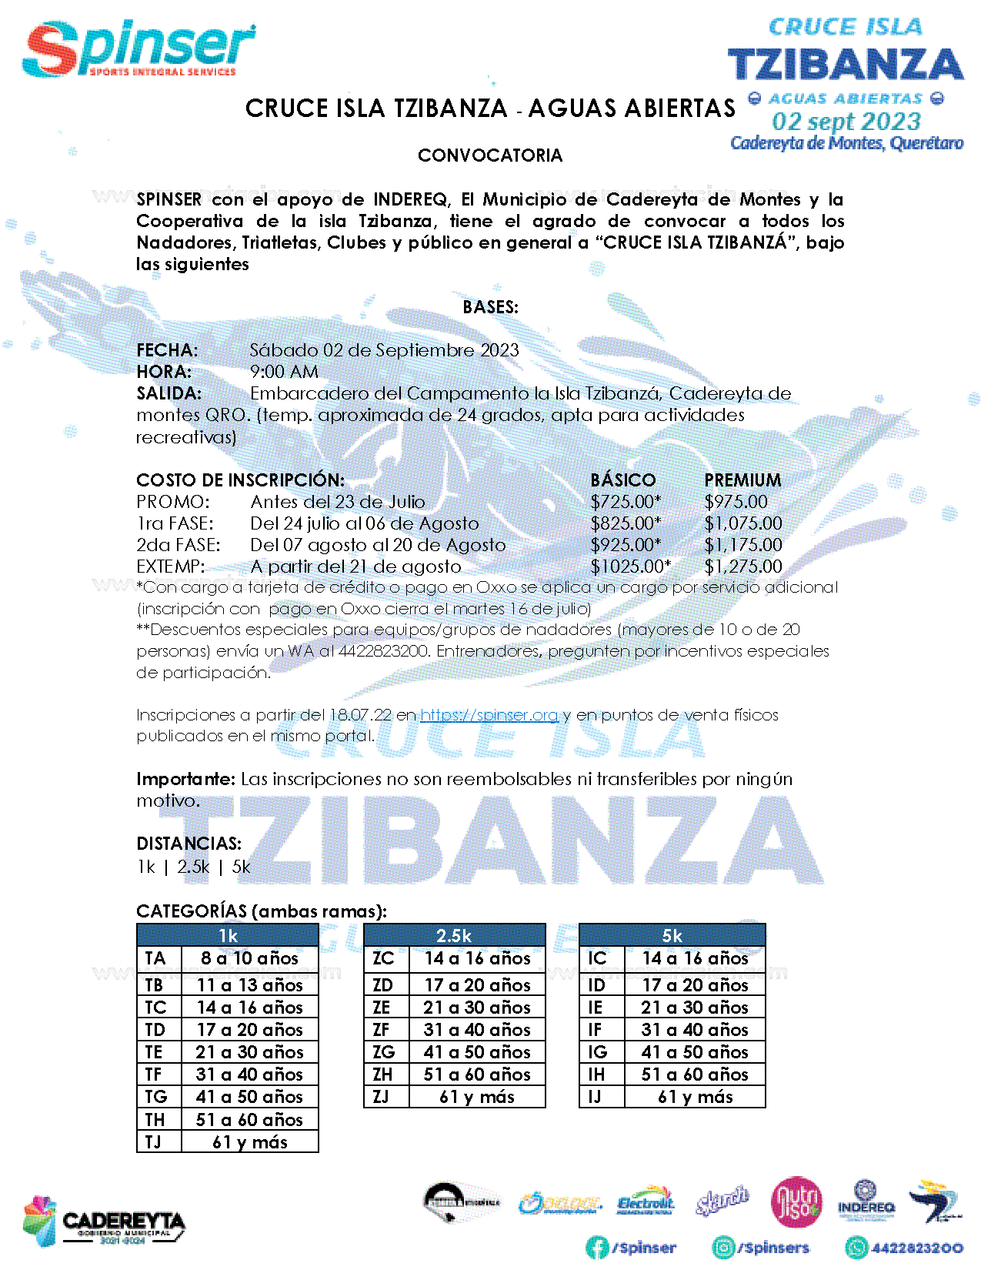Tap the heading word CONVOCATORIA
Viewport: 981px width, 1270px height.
pos(490,155)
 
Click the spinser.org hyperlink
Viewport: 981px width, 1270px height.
pos(489,715)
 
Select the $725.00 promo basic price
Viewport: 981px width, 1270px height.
pos(625,502)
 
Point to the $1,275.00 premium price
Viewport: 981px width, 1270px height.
pos(742,566)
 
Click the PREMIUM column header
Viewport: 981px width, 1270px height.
pos(742,480)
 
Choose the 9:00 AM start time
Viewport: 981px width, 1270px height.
pos(284,372)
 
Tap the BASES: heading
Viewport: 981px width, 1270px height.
pos(490,307)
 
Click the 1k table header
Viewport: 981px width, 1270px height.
pos(228,935)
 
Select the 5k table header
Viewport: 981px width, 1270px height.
pos(672,935)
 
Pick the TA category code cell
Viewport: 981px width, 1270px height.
pos(156,958)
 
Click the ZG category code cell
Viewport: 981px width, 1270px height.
pos(384,1052)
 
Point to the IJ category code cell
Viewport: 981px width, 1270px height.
pos(596,1097)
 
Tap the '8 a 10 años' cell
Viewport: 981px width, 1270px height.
pos(249,958)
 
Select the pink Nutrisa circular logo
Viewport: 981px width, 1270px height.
pos(796,1202)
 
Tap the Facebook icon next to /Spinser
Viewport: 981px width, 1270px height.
pos(597,1248)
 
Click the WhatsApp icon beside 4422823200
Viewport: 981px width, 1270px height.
pos(856,1248)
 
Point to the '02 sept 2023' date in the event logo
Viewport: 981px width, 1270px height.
pos(846,122)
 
